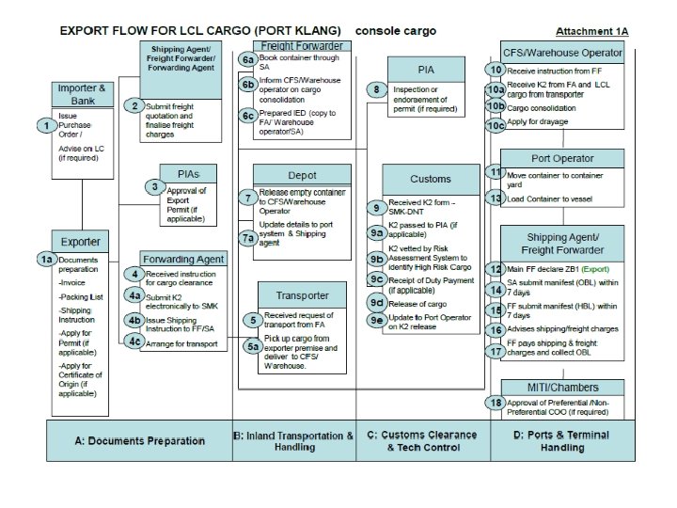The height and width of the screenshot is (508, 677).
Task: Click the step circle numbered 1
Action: point(44,125)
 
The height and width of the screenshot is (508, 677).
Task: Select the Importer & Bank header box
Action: point(83,94)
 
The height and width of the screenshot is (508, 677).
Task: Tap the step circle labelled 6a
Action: point(247,59)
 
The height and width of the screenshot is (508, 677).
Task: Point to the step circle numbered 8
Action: point(375,90)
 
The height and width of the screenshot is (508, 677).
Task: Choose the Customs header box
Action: point(431,179)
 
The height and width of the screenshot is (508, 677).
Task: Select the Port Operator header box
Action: point(561,159)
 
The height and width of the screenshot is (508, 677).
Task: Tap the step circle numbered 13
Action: point(496,198)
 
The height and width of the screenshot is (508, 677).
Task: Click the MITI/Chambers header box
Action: point(561,387)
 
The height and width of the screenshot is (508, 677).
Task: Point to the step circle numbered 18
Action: point(496,404)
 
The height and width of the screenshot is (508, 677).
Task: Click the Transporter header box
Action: point(302,295)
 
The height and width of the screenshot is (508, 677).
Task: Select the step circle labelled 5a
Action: point(253,346)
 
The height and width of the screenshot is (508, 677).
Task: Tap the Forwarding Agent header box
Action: point(183,259)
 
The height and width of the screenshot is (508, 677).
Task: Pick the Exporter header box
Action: point(83,242)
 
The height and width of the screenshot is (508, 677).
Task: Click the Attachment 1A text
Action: point(592,31)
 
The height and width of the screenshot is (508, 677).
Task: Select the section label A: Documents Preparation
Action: point(139,440)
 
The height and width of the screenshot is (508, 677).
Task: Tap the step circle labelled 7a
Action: point(247,238)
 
